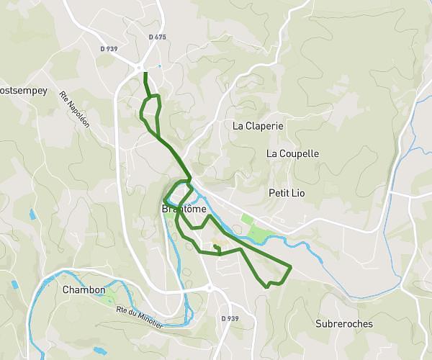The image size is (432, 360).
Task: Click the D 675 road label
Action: pos(157,37)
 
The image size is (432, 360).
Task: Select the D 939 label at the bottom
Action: pos(230,318)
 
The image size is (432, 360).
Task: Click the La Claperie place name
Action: pos(258,125)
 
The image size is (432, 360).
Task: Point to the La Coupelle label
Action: pos(292,153)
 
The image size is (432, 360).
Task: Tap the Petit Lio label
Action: pos(288,193)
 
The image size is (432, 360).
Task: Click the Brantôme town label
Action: pos(184,210)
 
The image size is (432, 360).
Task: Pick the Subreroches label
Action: pos(344,324)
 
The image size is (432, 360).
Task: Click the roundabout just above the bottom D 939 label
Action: pos(210,287)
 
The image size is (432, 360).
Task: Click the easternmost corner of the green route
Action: pos(290,268)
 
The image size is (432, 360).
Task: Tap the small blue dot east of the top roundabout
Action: pos(159,66)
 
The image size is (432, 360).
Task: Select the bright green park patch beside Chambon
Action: pos(110,296)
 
